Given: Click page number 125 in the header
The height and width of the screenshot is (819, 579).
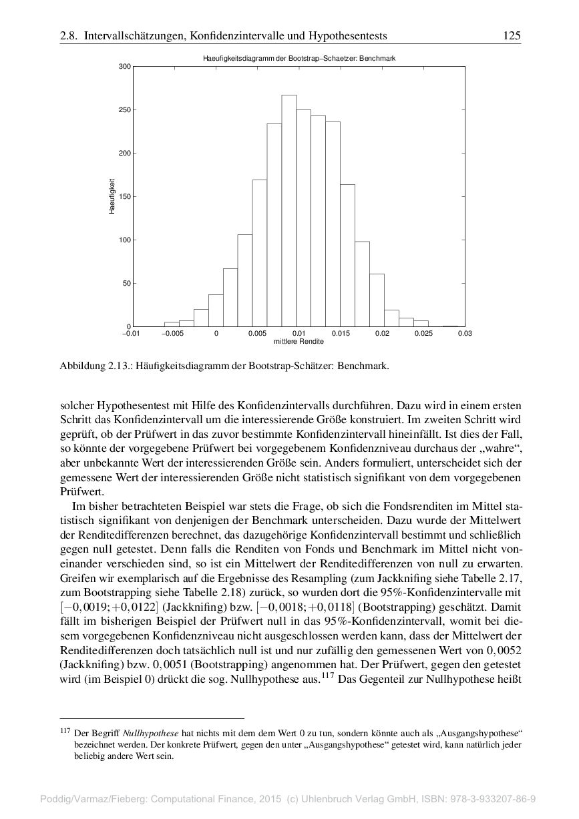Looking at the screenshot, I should (x=512, y=35).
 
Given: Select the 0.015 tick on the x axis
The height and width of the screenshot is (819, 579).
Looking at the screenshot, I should (x=341, y=333).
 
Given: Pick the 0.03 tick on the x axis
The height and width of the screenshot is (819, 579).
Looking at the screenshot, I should (x=465, y=333).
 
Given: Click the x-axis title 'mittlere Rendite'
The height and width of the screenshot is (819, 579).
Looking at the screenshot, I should (x=299, y=342).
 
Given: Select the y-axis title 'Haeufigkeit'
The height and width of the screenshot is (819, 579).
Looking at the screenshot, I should (x=113, y=196).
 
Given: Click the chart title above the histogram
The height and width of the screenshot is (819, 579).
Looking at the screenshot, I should (x=299, y=59).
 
